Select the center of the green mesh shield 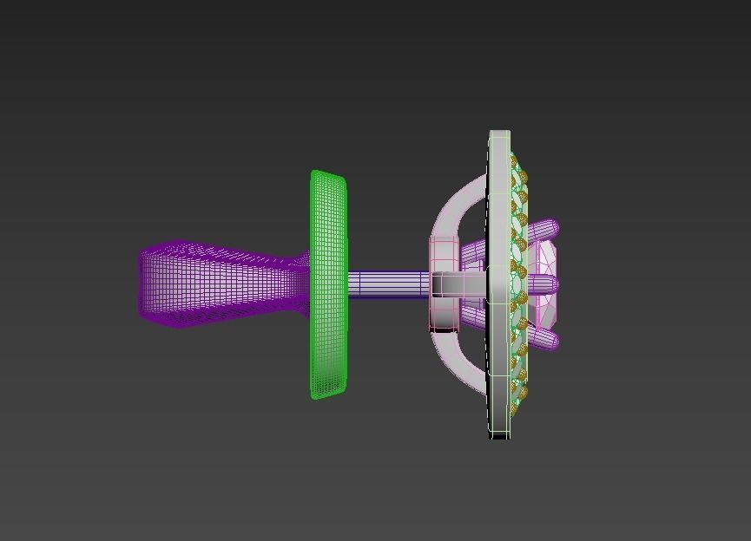pos(328,284)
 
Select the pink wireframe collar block pos(444,284)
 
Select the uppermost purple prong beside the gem pos(543,231)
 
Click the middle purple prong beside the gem pos(543,284)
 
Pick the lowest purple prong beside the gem pos(543,339)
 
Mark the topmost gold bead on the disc pos(514,160)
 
